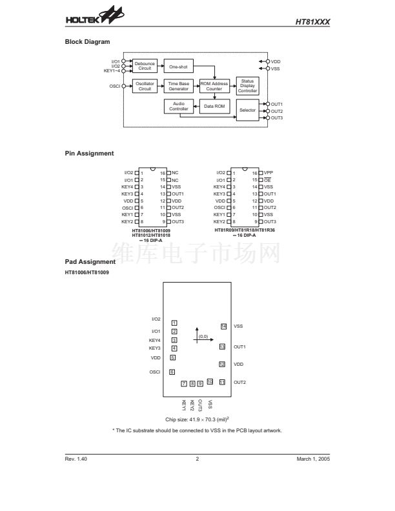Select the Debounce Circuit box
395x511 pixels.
click(145, 66)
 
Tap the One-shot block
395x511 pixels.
click(178, 66)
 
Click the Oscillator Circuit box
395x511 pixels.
click(145, 86)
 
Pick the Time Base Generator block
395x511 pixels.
click(178, 86)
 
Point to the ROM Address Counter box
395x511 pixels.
click(214, 86)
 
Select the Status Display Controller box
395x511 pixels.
click(248, 86)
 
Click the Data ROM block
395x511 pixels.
click(214, 106)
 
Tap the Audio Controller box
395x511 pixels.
click(178, 106)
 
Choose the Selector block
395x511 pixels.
click(248, 110)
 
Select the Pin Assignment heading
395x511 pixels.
click(90, 154)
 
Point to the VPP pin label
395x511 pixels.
click(269, 173)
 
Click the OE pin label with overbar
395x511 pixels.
click(267, 179)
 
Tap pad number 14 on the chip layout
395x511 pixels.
click(223, 326)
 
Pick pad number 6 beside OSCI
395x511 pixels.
click(172, 372)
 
